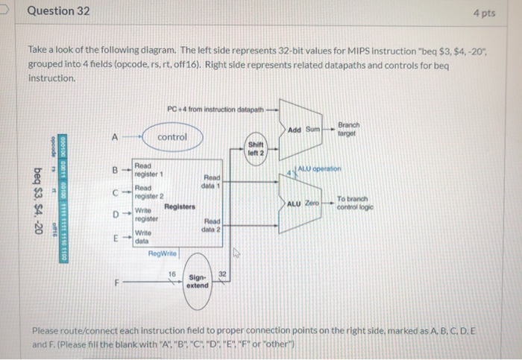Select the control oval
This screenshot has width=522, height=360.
click(172, 137)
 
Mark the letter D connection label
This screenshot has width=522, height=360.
click(114, 215)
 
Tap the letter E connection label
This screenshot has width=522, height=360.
click(114, 239)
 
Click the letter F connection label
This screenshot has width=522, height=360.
click(114, 282)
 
